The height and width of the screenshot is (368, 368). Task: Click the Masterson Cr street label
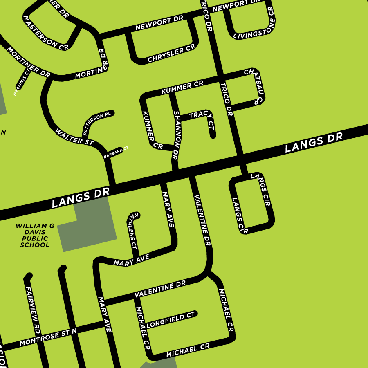tap(45, 33)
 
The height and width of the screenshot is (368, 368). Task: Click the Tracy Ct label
tap(202, 118)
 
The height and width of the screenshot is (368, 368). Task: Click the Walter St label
tap(74, 137)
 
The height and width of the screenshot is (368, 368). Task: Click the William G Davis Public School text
tap(35, 236)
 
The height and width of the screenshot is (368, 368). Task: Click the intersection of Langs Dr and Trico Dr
tap(241, 158)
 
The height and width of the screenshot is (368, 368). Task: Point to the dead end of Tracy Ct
tap(213, 136)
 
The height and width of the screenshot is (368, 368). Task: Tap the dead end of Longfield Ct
tap(195, 314)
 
